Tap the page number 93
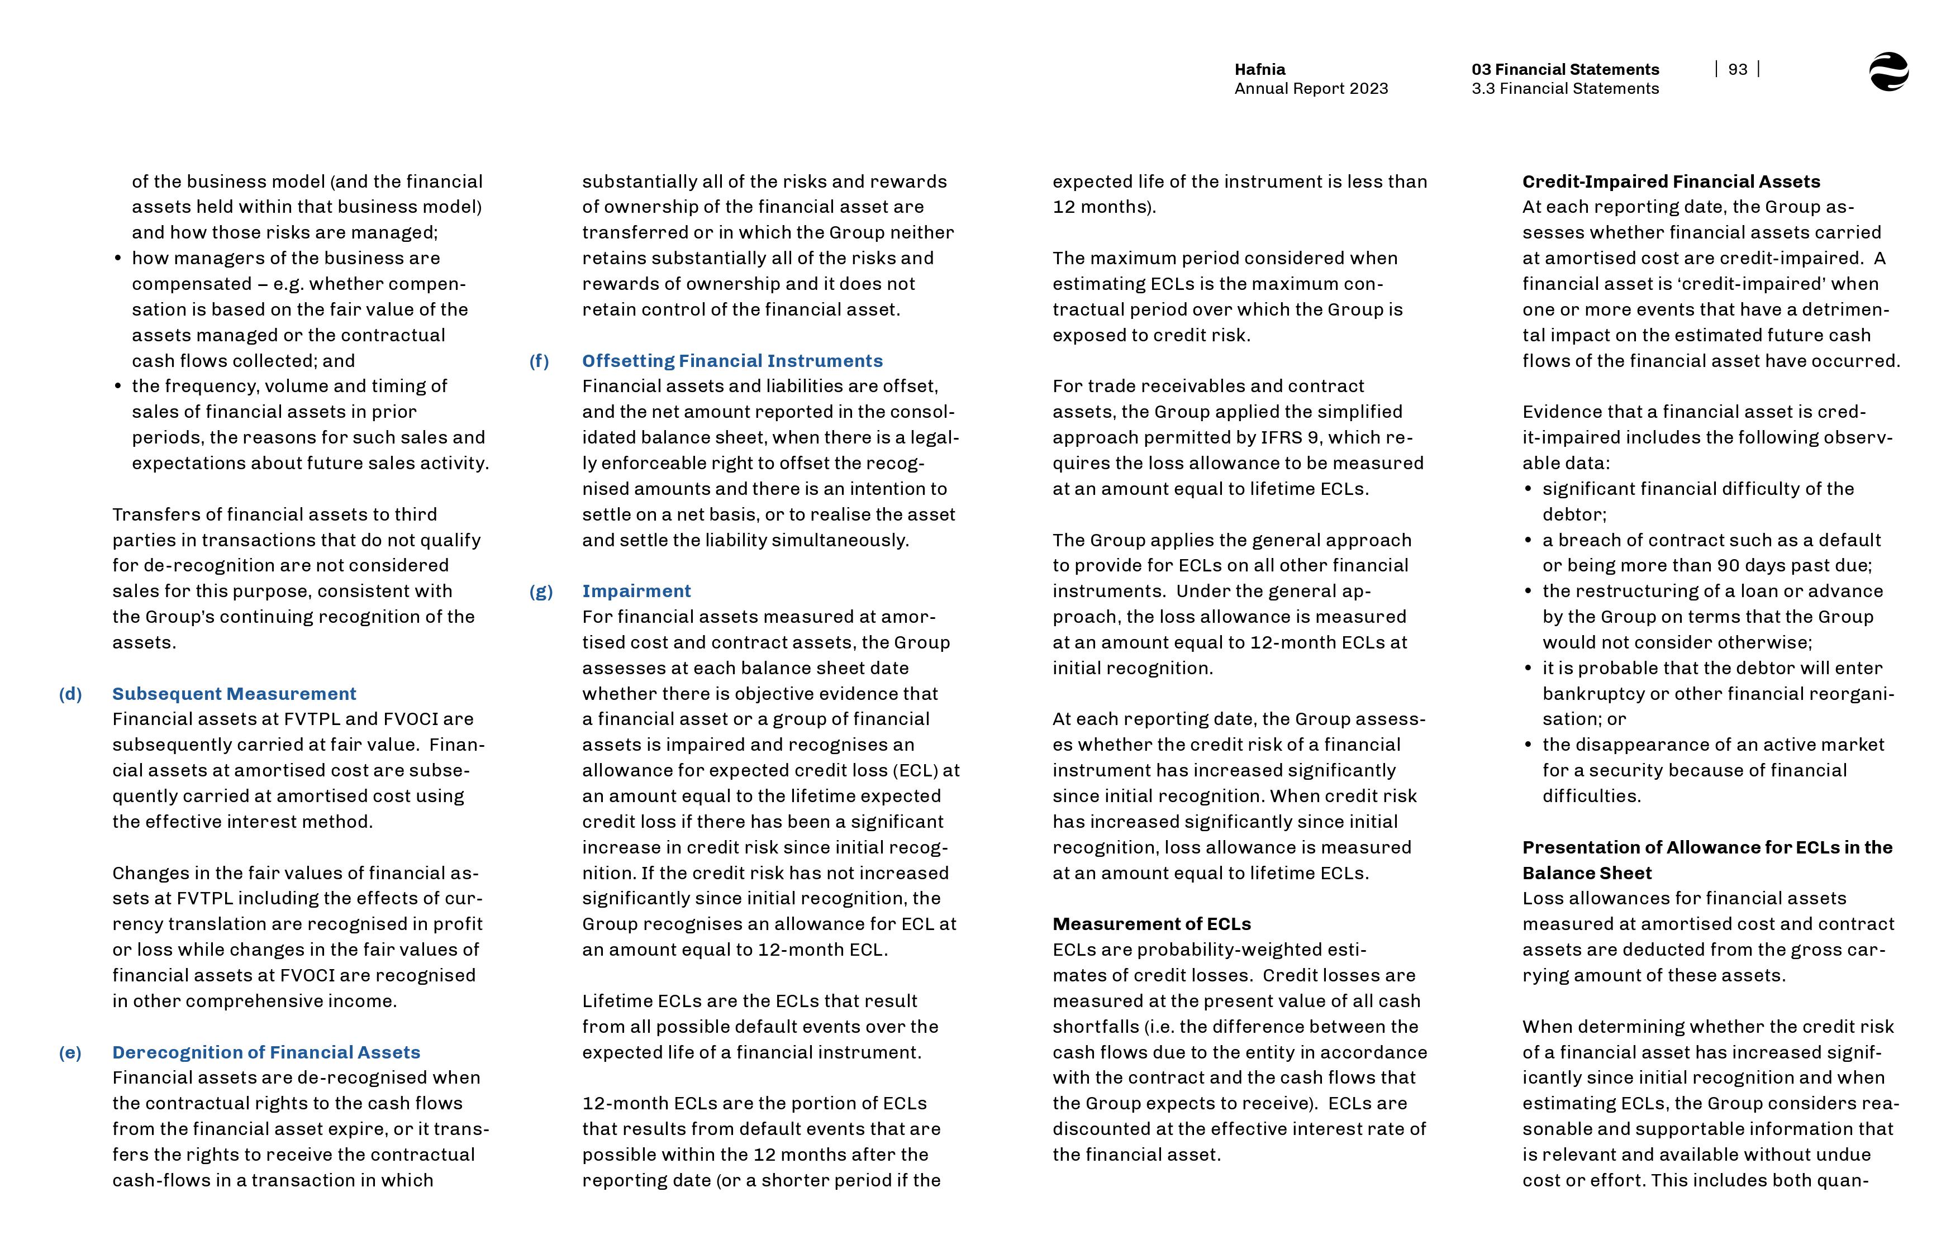(x=1737, y=69)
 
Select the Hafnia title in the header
(x=1260, y=69)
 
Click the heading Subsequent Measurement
(x=234, y=694)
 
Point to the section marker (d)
(x=70, y=694)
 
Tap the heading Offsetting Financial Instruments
(x=732, y=361)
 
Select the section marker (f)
(x=539, y=361)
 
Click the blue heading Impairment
(x=636, y=591)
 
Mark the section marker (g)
(x=541, y=591)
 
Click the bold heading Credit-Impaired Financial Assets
(x=1671, y=182)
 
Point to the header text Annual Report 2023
(x=1311, y=89)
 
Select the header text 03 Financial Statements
(x=1564, y=69)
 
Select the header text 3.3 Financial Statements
(x=1564, y=89)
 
